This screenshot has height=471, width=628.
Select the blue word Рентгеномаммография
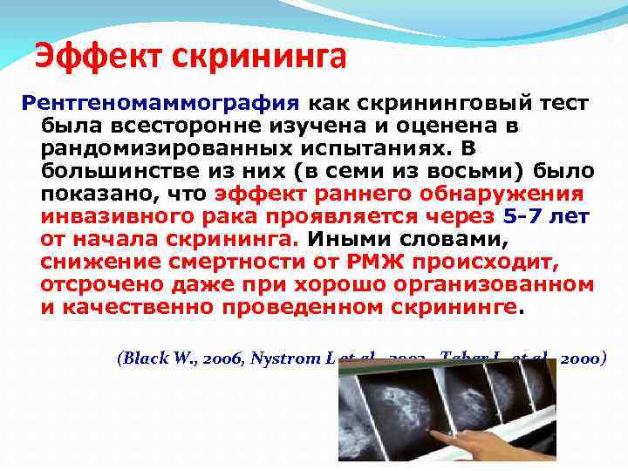coord(160,102)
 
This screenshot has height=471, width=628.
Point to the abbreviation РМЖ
coord(374,261)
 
